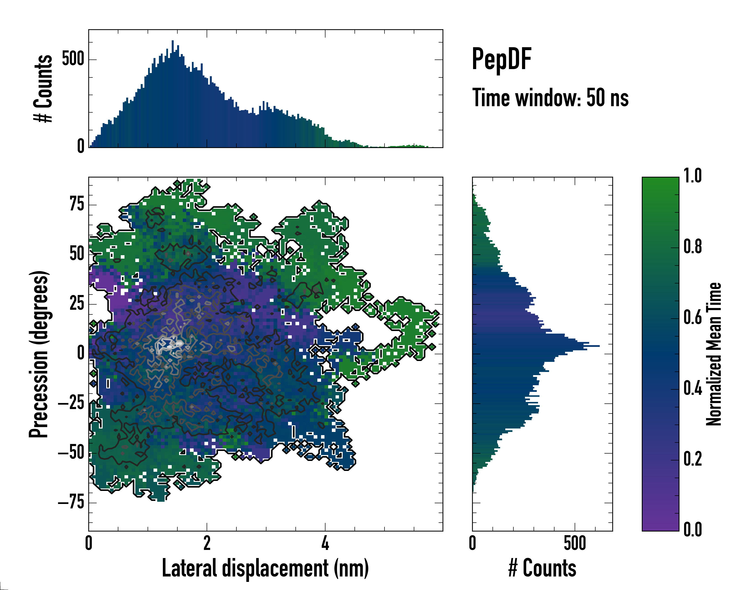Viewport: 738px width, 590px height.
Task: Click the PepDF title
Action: (501, 59)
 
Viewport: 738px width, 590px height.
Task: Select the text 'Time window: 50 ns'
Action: (550, 98)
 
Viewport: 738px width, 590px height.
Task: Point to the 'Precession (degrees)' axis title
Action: (39, 354)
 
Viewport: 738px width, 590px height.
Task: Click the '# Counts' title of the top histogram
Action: (43, 88)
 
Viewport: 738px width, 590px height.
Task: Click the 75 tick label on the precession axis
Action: (77, 205)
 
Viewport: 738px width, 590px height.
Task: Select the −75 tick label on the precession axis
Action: (71, 502)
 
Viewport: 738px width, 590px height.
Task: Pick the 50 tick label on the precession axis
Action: (77, 254)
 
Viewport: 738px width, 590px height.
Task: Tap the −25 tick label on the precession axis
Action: (71, 403)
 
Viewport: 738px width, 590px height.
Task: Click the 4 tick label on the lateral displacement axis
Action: (325, 544)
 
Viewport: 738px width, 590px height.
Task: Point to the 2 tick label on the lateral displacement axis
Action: (207, 544)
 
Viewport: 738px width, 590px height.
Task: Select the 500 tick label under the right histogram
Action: (575, 544)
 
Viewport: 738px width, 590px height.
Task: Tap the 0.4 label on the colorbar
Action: (692, 389)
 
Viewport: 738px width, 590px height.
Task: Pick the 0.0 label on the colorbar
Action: (692, 530)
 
